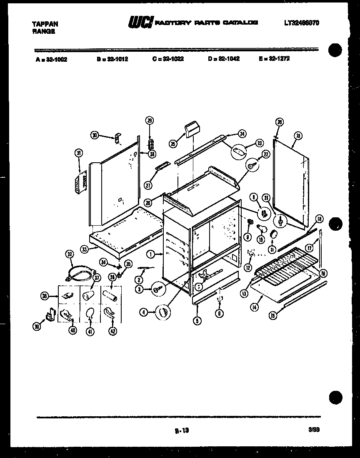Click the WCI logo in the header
141,23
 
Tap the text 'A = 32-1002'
51,59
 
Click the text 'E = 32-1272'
274,59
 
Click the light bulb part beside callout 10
261,227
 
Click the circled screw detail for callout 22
252,165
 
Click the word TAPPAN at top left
45,24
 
